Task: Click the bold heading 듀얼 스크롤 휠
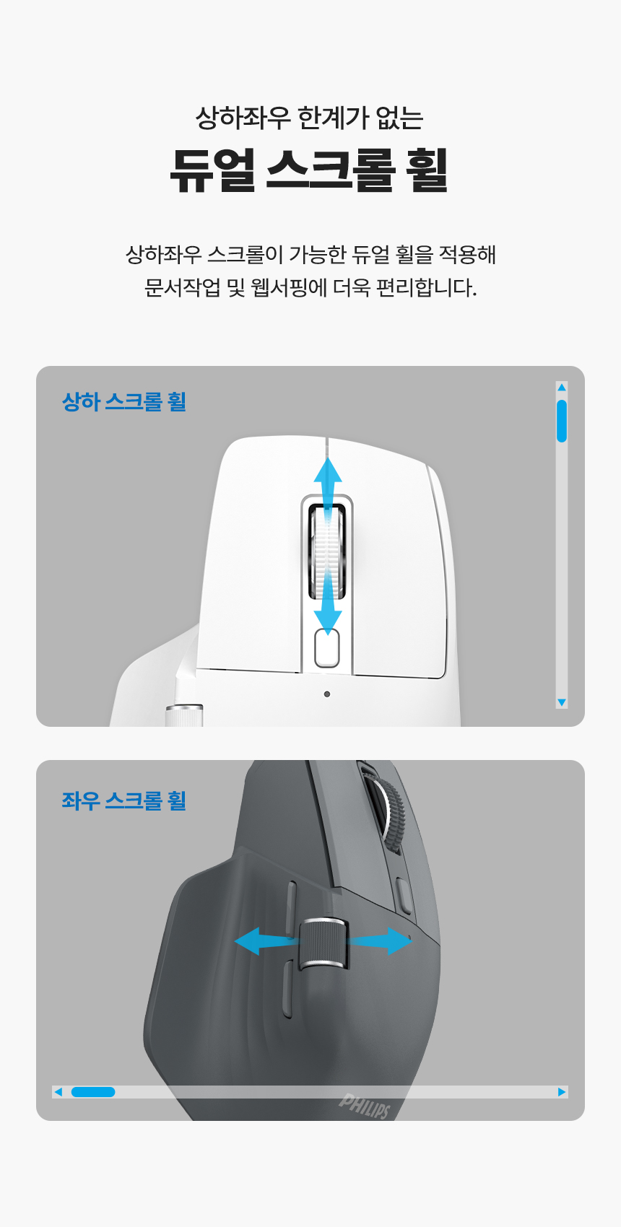point(309,170)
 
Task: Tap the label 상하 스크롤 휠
point(124,401)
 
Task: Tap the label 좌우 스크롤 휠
point(124,800)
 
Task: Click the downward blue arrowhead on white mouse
point(328,622)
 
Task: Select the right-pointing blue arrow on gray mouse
point(379,941)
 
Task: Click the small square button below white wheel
point(327,649)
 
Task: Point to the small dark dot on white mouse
point(327,694)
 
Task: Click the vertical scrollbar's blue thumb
point(562,421)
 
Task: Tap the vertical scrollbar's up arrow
point(562,388)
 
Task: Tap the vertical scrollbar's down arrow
point(562,702)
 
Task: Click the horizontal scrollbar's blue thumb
point(93,1092)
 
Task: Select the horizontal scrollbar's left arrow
point(58,1092)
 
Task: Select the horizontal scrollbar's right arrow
point(562,1092)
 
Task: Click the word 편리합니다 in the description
point(427,287)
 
